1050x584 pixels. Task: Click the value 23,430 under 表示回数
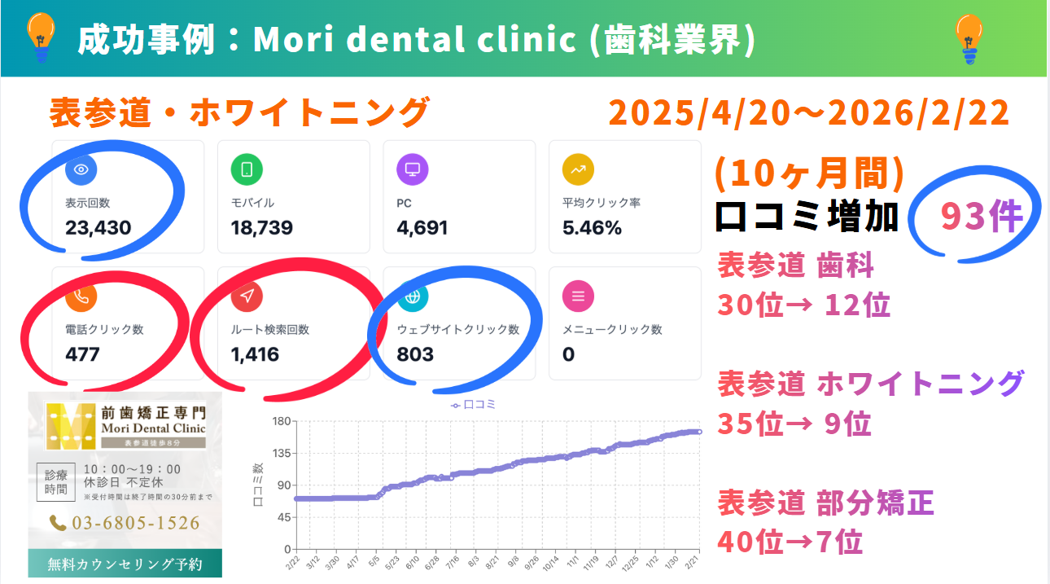click(98, 227)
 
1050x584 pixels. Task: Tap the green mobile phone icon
click(247, 169)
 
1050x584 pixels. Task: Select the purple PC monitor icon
click(413, 169)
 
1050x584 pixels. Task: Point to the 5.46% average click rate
click(592, 227)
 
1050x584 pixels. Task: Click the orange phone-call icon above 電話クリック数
click(81, 296)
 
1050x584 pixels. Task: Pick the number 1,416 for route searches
click(255, 354)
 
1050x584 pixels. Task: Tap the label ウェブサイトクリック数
click(457, 330)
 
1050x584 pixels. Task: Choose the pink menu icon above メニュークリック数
click(579, 296)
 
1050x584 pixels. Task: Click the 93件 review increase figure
click(981, 217)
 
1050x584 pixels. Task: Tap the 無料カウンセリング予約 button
click(125, 564)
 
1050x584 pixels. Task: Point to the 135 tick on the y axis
click(282, 453)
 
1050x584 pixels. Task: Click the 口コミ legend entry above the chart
click(474, 404)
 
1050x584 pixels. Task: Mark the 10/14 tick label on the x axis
click(551, 564)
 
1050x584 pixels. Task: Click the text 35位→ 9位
click(794, 424)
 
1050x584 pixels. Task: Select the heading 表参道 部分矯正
click(825, 503)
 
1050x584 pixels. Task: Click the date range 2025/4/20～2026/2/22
click(808, 113)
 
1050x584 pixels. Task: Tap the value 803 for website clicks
click(415, 354)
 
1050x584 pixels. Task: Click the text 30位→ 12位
click(803, 305)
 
